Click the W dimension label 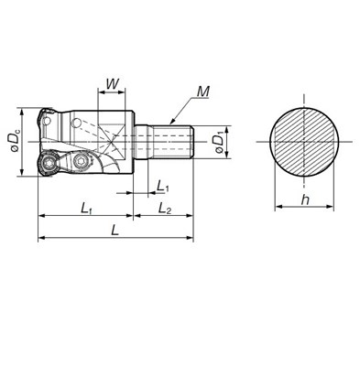[x=112, y=83]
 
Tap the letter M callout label [x=203, y=91]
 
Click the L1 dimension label [x=162, y=186]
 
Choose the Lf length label [x=86, y=209]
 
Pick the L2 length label [x=165, y=209]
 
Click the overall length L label [x=115, y=230]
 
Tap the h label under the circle [x=304, y=199]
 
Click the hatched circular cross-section [x=304, y=142]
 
